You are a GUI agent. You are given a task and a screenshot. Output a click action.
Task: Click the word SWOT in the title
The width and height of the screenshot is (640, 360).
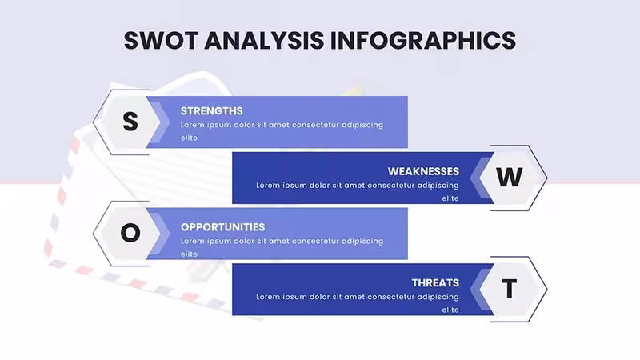tap(162, 41)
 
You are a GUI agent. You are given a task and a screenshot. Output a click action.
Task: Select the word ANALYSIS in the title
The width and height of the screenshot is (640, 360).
tap(265, 41)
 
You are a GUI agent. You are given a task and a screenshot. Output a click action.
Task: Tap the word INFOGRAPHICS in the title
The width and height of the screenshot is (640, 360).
tap(423, 41)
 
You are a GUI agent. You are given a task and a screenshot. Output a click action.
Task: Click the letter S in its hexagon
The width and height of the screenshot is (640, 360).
tap(130, 122)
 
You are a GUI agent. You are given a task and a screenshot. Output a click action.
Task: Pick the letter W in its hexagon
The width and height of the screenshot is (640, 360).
tap(509, 178)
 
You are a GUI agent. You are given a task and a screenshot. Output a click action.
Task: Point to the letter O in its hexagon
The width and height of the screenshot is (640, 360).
tap(130, 233)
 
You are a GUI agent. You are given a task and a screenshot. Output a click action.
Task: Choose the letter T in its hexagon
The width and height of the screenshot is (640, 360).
tap(509, 289)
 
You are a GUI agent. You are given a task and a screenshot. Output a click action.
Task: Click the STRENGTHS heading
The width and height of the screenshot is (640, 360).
tap(211, 111)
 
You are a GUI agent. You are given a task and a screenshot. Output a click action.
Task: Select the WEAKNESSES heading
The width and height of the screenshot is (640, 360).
tap(423, 171)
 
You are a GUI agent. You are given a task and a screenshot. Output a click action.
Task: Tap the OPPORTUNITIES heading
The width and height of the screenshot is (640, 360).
tap(222, 227)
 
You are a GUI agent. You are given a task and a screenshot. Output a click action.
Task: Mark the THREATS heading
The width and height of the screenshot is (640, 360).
tap(435, 283)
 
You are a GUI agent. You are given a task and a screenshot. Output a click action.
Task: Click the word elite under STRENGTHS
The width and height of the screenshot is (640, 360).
tap(189, 138)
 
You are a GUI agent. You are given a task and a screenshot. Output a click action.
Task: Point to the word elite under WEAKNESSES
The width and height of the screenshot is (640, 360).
tap(450, 198)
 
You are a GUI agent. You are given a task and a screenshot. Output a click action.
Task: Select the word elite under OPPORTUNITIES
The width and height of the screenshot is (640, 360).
tap(189, 254)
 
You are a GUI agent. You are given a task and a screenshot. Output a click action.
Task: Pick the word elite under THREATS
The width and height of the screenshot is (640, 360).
tap(450, 310)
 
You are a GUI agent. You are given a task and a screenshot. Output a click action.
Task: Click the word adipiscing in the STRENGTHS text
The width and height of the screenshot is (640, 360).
tap(362, 126)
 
